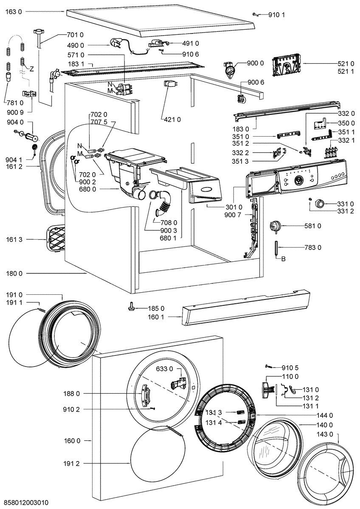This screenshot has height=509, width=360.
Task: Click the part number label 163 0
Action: click(14, 11)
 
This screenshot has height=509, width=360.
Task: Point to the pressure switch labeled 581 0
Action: click(275, 227)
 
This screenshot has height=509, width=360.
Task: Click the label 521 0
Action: click(346, 63)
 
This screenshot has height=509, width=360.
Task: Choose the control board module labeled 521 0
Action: click(287, 67)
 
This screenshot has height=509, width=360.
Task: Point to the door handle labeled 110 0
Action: click(267, 390)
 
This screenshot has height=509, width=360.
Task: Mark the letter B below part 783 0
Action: click(284, 259)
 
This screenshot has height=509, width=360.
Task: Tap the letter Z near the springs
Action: click(31, 69)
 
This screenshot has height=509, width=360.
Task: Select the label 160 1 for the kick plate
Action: click(156, 317)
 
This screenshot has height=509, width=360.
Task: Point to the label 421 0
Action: click(172, 120)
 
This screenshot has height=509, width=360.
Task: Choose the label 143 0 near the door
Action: click(325, 434)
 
